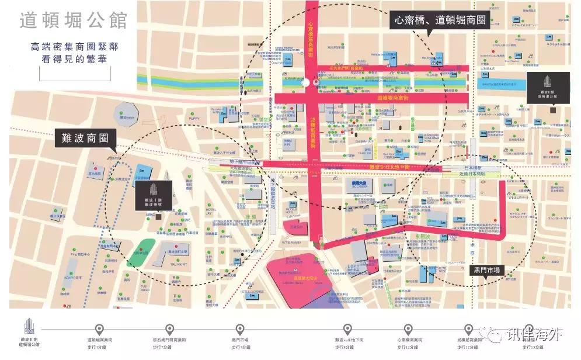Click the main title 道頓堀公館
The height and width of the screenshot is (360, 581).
[x=73, y=20]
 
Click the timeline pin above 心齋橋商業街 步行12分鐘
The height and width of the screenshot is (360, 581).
[x=408, y=330]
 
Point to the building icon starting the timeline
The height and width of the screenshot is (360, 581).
[x=30, y=328]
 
